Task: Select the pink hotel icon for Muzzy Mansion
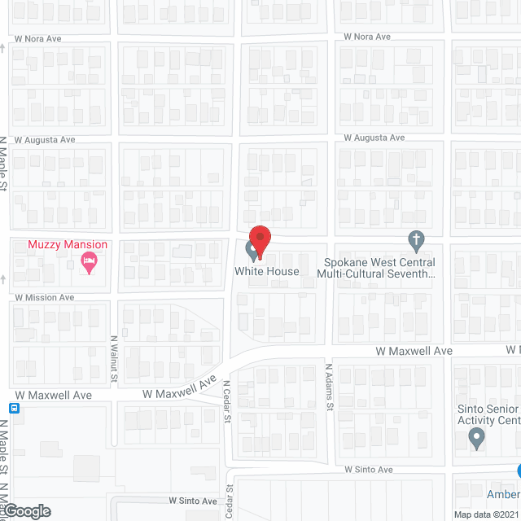pyautogui.click(x=89, y=260)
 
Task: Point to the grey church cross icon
pyautogui.click(x=416, y=241)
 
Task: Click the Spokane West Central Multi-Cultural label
pyautogui.click(x=379, y=268)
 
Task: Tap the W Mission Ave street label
pyautogui.click(x=44, y=298)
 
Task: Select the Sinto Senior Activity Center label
pyautogui.click(x=488, y=414)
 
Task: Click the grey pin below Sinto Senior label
pyautogui.click(x=477, y=440)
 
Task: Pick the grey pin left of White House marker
pyautogui.click(x=252, y=248)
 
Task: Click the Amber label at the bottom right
pyautogui.click(x=501, y=495)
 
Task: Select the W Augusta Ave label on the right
pyautogui.click(x=374, y=138)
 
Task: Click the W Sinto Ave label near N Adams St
pyautogui.click(x=368, y=470)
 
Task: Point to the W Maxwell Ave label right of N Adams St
pyautogui.click(x=414, y=350)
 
